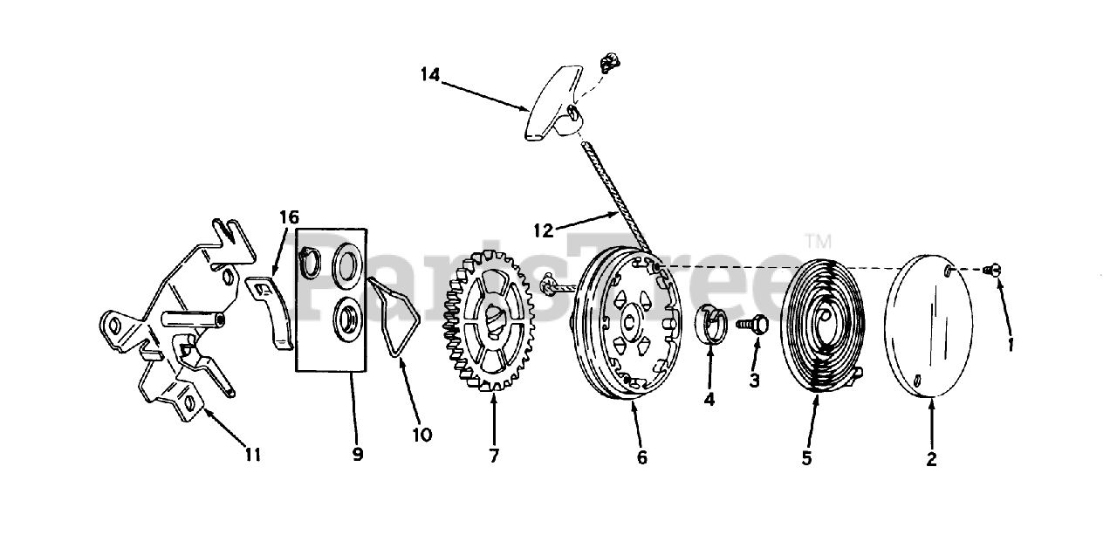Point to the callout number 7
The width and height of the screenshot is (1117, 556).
pyautogui.click(x=494, y=456)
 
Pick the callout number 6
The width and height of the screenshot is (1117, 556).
pyautogui.click(x=642, y=457)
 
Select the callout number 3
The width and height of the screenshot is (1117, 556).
pyautogui.click(x=755, y=381)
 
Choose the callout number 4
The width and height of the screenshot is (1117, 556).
pyautogui.click(x=709, y=399)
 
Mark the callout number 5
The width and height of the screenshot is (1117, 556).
pyautogui.click(x=807, y=457)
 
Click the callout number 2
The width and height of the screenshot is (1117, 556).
pyautogui.click(x=931, y=460)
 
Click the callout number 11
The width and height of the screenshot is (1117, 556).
pyautogui.click(x=253, y=455)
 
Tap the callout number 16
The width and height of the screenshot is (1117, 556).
pyautogui.click(x=289, y=216)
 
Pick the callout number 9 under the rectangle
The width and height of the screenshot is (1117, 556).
pyautogui.click(x=358, y=455)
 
